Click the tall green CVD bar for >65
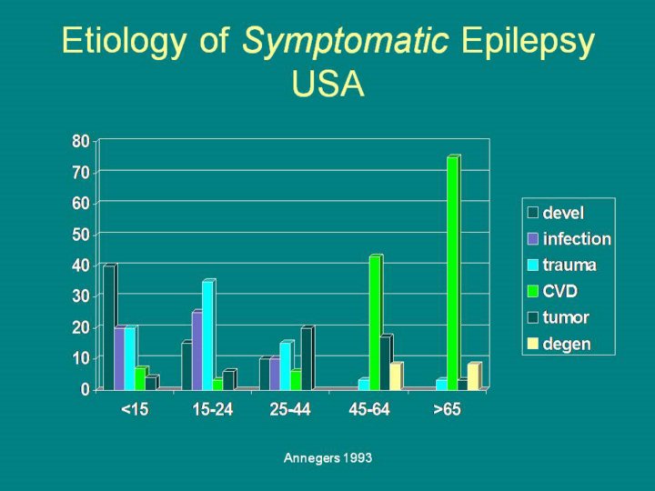click(452, 273)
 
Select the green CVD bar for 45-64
click(374, 323)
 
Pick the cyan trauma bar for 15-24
click(207, 336)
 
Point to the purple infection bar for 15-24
click(196, 351)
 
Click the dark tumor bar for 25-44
click(307, 358)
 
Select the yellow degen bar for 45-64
click(395, 376)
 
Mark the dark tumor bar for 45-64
click(385, 363)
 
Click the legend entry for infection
click(569, 239)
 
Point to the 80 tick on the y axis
click(81, 141)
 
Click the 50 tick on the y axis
click(81, 234)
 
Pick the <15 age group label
click(135, 410)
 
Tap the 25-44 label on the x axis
click(290, 410)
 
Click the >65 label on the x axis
click(447, 410)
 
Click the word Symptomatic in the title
click(345, 41)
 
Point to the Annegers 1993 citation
click(327, 458)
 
